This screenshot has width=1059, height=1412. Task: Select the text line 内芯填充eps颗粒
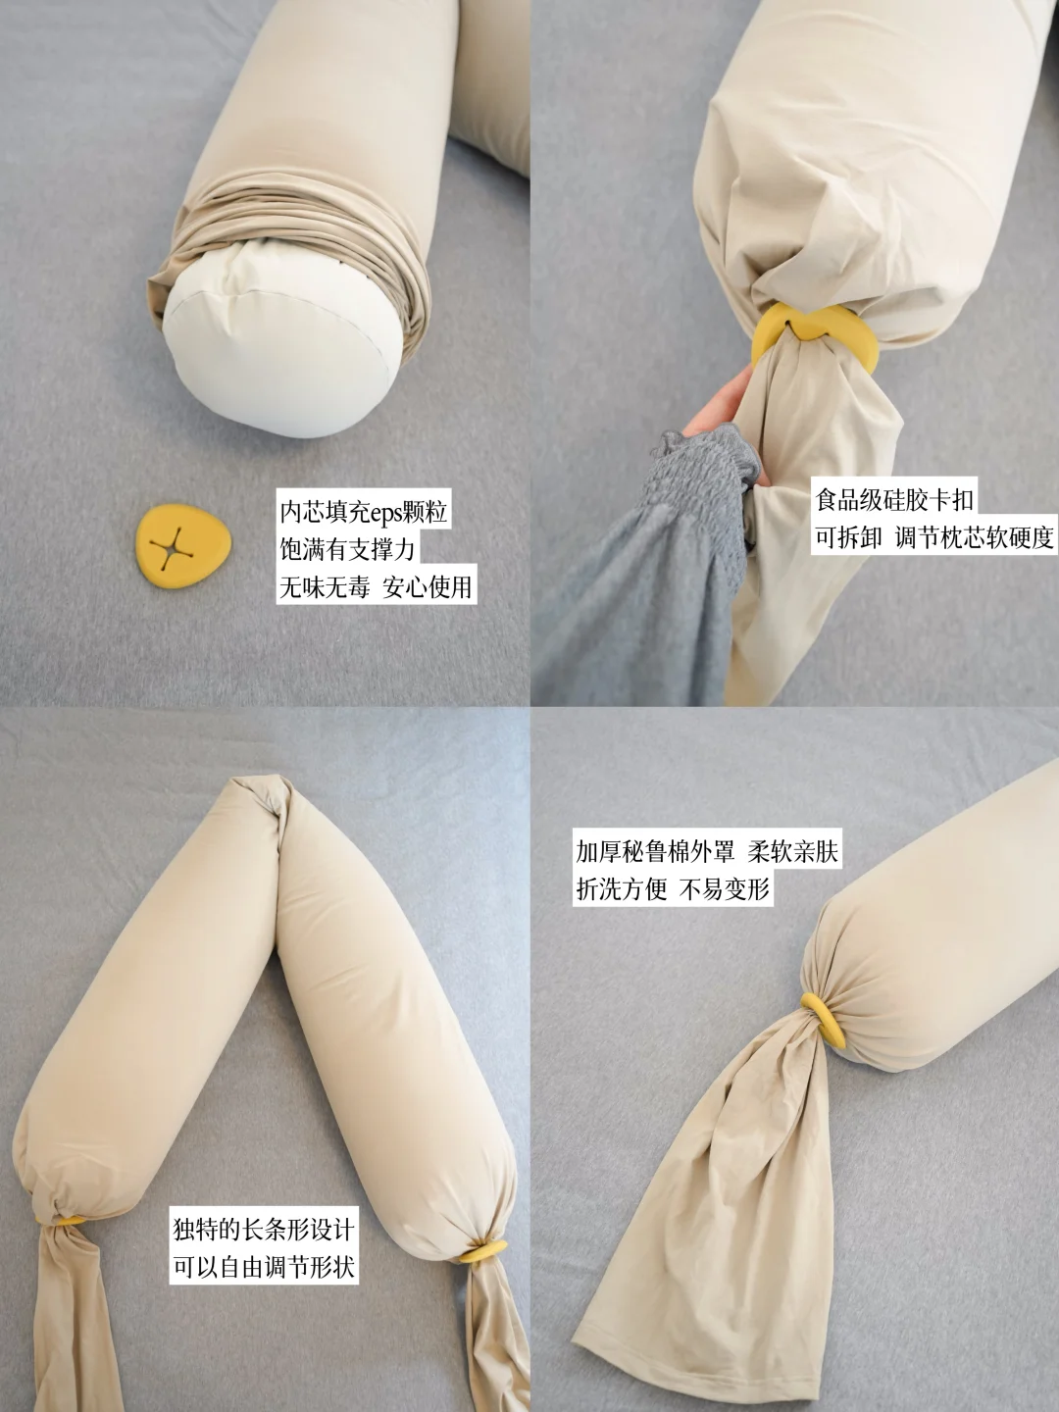tap(363, 512)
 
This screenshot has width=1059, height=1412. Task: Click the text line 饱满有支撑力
tap(347, 549)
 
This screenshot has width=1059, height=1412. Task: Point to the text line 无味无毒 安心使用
tap(377, 586)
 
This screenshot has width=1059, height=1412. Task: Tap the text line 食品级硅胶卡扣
tap(894, 499)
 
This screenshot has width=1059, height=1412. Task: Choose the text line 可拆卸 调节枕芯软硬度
tap(934, 537)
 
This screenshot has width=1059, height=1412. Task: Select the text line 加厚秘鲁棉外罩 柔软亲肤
tap(707, 852)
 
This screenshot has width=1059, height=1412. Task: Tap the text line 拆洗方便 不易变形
tap(673, 889)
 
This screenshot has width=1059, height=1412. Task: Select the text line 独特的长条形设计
tap(264, 1230)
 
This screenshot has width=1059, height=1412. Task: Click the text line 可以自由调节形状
tap(264, 1267)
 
